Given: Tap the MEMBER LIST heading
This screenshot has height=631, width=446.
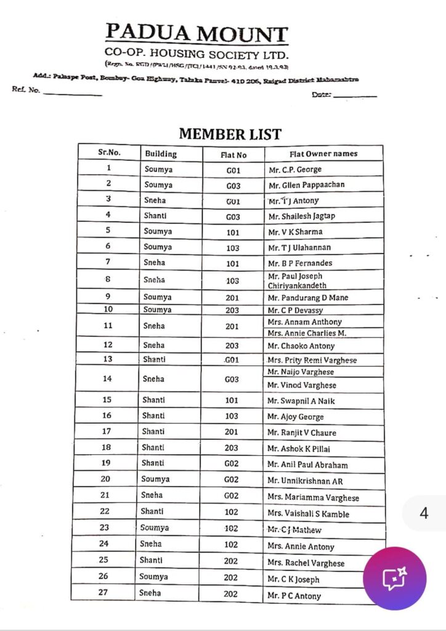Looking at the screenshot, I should [x=230, y=134].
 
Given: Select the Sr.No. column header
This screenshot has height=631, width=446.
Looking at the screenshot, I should [x=109, y=153].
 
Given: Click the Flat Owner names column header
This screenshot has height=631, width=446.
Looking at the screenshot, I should [x=323, y=153].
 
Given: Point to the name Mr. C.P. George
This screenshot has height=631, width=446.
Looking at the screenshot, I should [x=295, y=169].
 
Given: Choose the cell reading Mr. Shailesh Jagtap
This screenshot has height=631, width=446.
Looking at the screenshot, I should [x=301, y=216].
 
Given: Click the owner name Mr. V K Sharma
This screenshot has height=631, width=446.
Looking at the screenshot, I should [x=295, y=232].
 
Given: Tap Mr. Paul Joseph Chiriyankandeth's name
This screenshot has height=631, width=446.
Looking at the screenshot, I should [x=298, y=281].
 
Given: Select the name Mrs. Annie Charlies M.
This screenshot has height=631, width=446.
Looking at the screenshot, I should [x=307, y=333].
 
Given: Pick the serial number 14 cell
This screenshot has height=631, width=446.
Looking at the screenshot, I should [x=107, y=378].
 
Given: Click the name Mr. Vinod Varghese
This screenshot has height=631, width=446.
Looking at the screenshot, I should [x=302, y=385].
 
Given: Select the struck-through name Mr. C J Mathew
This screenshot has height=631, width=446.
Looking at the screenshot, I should [x=294, y=529].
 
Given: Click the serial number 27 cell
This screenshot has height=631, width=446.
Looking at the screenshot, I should [x=104, y=593].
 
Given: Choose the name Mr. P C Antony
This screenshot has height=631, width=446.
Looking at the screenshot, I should [x=294, y=596].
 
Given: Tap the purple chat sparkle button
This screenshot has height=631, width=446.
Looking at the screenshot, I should [x=394, y=578].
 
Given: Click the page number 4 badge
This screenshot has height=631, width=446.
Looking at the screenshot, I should [x=424, y=513].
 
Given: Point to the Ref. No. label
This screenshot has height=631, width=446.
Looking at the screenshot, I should [x=26, y=89].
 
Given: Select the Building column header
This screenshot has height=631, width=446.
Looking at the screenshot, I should [x=161, y=153].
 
